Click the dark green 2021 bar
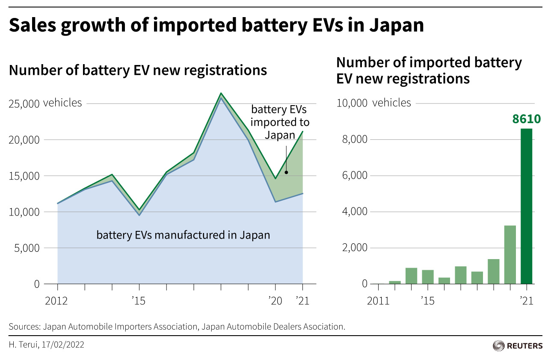(526, 206)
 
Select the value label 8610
(526, 119)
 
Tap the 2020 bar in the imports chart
(510, 254)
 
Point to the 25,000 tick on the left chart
(24, 104)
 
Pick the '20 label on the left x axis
(275, 301)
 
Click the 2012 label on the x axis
(56, 301)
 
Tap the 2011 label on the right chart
(378, 301)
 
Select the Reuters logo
(518, 346)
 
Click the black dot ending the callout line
(286, 172)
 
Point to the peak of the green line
(221, 93)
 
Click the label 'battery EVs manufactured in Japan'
(183, 235)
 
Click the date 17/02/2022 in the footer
(63, 345)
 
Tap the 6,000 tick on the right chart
(355, 176)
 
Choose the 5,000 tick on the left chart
(27, 248)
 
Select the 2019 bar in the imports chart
(493, 271)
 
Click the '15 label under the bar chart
(427, 301)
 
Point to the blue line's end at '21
(302, 194)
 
